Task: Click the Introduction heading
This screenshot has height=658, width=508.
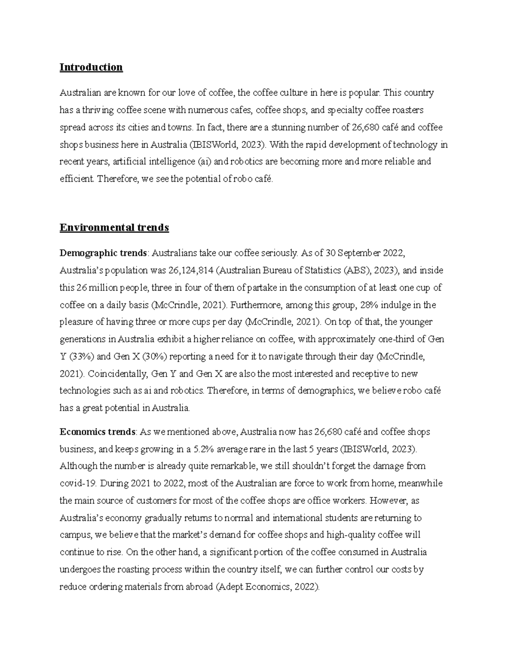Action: tap(91, 67)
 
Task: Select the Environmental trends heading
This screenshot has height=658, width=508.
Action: tap(114, 228)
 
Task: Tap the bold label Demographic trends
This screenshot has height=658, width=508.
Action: tap(103, 253)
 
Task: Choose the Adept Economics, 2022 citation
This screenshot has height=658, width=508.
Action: tap(268, 587)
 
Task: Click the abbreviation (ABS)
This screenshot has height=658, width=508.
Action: tap(356, 271)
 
